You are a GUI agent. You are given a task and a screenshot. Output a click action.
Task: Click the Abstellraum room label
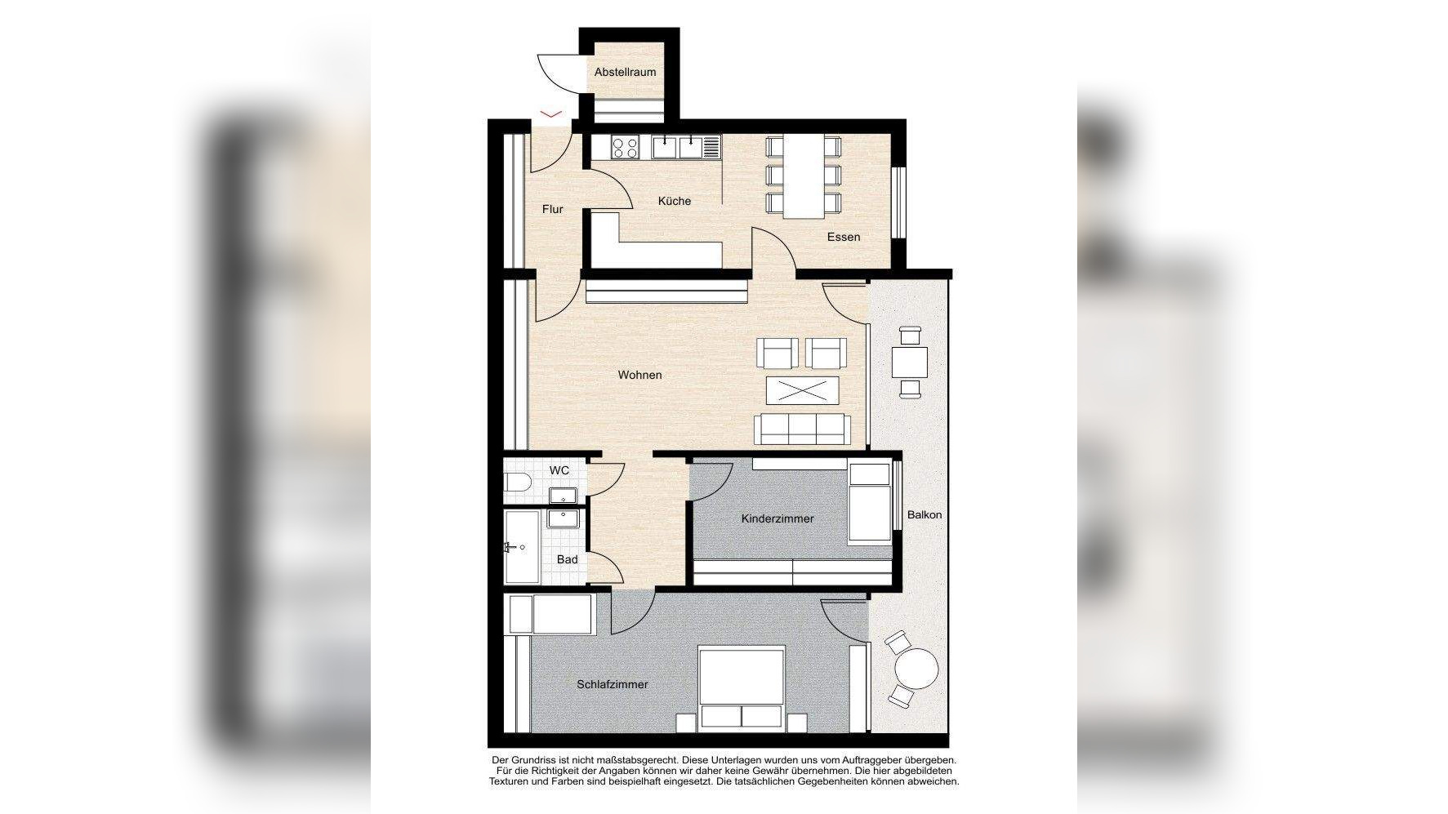click(x=625, y=72)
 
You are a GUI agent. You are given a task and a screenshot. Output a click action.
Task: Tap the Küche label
click(x=674, y=201)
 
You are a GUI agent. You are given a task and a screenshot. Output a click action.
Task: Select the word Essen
click(x=843, y=237)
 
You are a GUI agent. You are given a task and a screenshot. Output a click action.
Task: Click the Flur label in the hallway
click(x=552, y=209)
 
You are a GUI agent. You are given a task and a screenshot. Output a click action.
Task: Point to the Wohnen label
click(x=639, y=375)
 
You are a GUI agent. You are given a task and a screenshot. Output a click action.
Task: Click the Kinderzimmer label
click(x=777, y=518)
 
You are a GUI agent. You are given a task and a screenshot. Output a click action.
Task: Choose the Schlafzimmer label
click(x=612, y=684)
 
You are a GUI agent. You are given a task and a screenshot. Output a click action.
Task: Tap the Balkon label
click(x=924, y=514)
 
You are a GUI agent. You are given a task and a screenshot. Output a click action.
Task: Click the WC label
click(x=559, y=470)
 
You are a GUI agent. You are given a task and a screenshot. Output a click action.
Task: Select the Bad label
click(x=567, y=559)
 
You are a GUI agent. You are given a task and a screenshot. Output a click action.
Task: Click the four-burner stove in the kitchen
click(x=626, y=148)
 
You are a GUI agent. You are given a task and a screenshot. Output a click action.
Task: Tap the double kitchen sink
click(x=678, y=148)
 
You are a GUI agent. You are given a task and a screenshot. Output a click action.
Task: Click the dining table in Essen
click(x=804, y=176)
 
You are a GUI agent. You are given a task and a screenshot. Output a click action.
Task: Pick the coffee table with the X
click(x=803, y=390)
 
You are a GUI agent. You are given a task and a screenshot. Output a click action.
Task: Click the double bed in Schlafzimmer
click(x=742, y=687)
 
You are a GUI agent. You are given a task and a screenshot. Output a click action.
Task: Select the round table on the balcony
click(x=916, y=670)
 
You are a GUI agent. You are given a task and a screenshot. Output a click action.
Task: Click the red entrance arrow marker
click(x=551, y=113)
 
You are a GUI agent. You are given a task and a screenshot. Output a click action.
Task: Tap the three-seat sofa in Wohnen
click(x=802, y=429)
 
